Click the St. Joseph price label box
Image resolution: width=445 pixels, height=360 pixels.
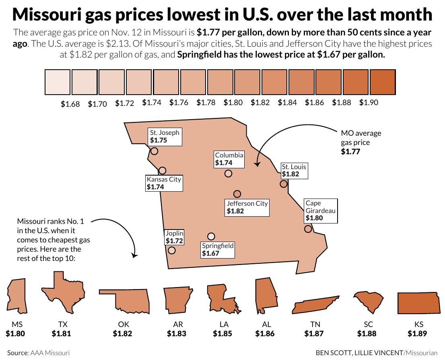point(165,137)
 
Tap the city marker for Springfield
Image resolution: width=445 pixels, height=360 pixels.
point(211,236)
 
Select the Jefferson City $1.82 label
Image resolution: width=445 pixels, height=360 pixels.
point(247,207)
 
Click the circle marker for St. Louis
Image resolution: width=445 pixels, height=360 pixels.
point(284,184)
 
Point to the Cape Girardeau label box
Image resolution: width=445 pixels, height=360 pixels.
point(320,211)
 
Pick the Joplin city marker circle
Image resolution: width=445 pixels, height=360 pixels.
point(171,250)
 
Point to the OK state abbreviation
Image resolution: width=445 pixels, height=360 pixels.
point(124,324)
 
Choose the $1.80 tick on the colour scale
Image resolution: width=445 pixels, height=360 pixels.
point(233,103)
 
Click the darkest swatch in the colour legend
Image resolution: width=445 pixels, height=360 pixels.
point(382,82)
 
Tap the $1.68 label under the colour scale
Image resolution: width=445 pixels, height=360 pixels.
point(70,104)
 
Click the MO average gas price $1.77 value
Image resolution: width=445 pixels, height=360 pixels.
point(350,152)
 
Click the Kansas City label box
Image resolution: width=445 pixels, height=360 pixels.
point(164,183)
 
